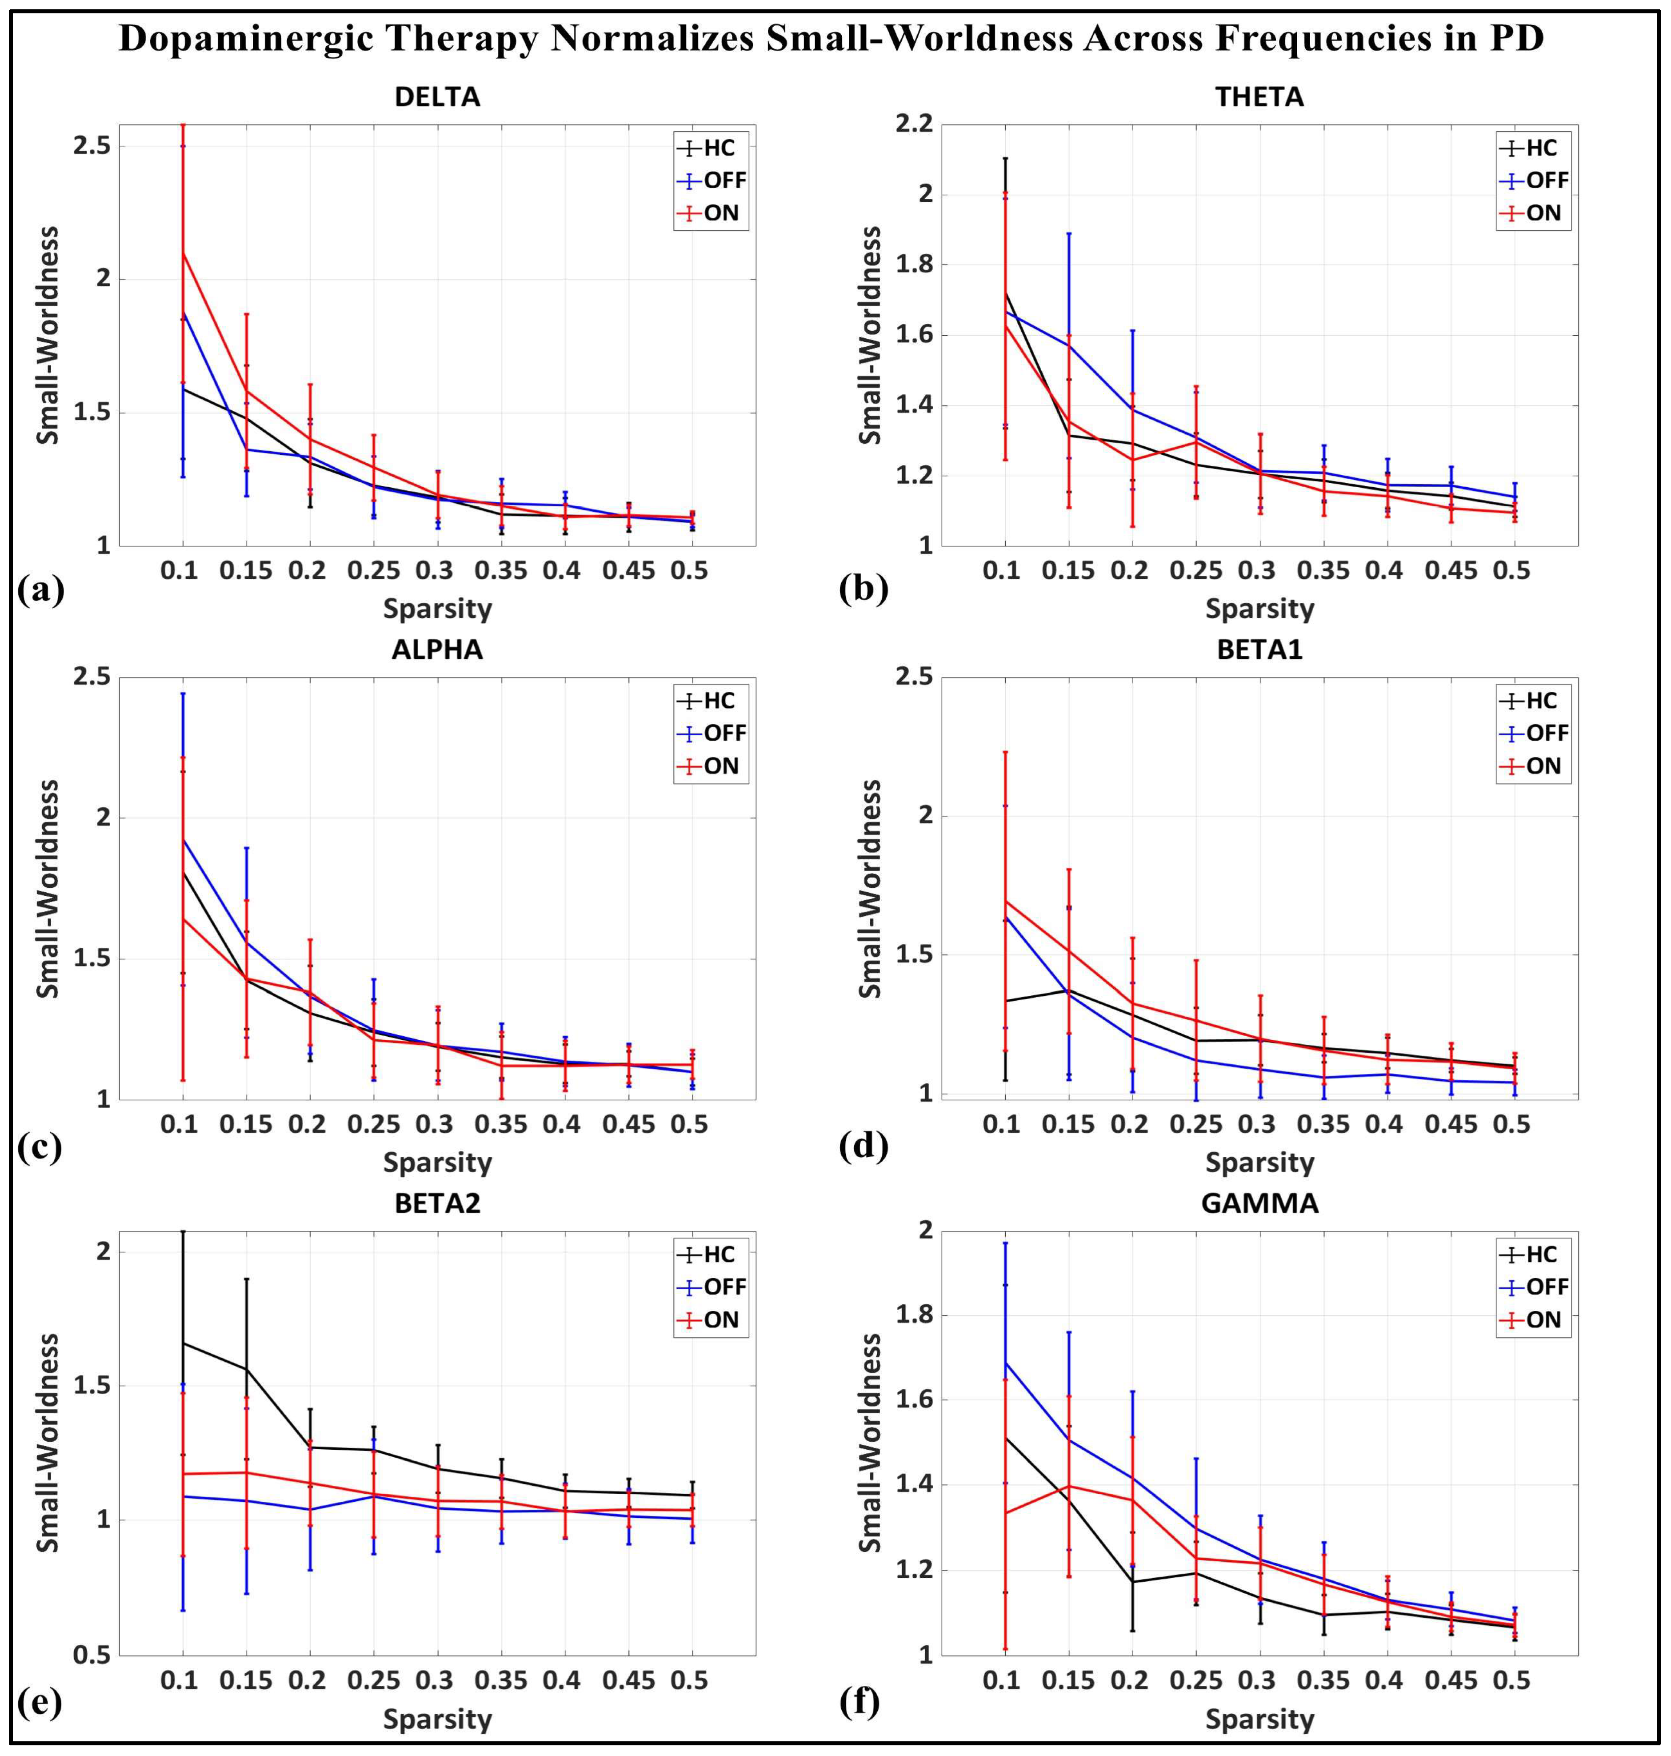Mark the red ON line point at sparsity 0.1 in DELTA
(183, 253)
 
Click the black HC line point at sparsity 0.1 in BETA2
(183, 1343)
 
